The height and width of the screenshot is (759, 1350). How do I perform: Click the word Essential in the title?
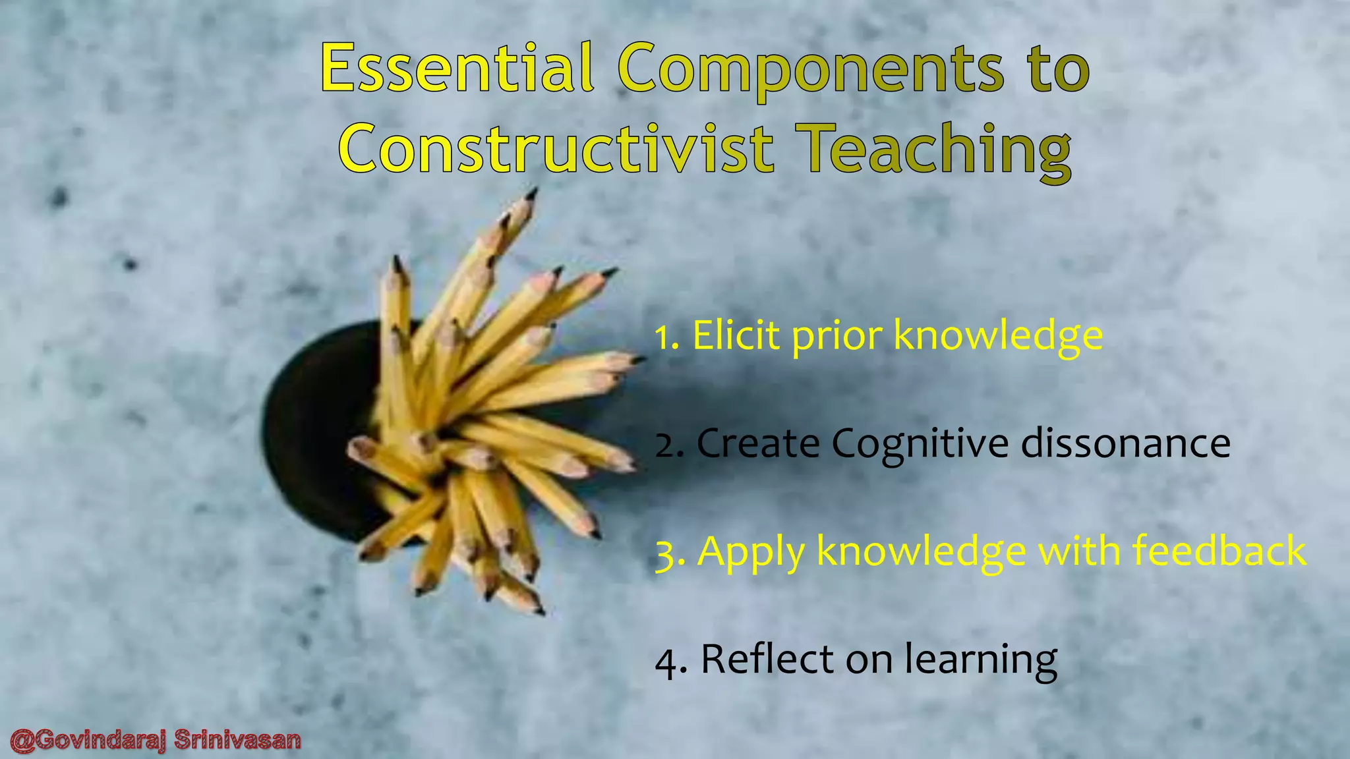click(457, 69)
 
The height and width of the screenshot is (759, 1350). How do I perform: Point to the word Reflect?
click(767, 658)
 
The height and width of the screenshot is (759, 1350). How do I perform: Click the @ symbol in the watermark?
click(21, 741)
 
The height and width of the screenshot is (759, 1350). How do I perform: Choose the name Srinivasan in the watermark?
click(238, 741)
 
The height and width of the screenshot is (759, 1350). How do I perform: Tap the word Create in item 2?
click(758, 444)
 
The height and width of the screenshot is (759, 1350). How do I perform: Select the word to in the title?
click(1055, 69)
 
